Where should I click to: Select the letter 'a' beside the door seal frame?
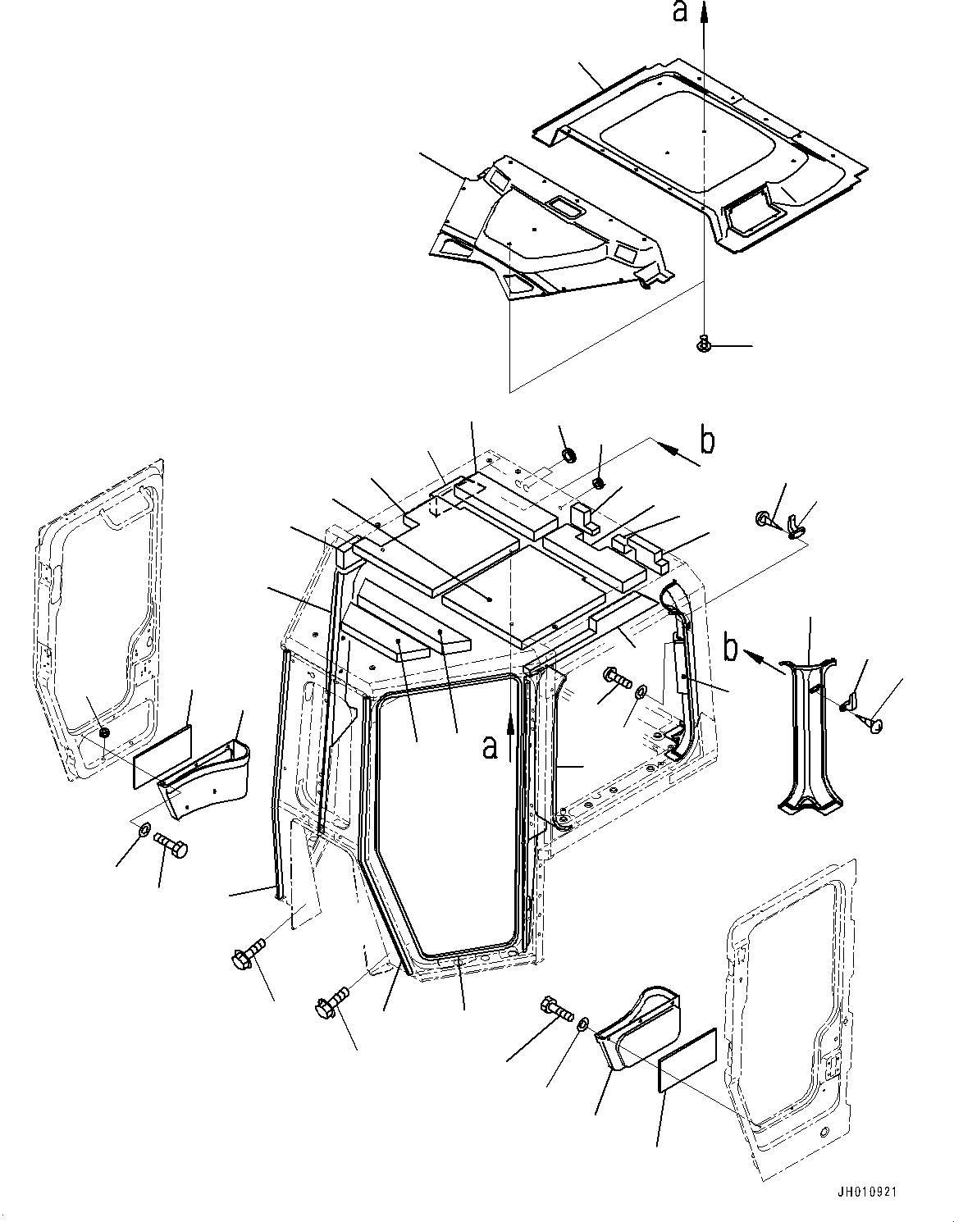click(x=490, y=747)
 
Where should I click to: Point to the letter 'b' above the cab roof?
click(x=706, y=440)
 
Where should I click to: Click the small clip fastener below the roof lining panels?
click(x=702, y=347)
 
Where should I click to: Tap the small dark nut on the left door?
click(x=103, y=731)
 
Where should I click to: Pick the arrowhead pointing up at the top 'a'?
click(x=704, y=10)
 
